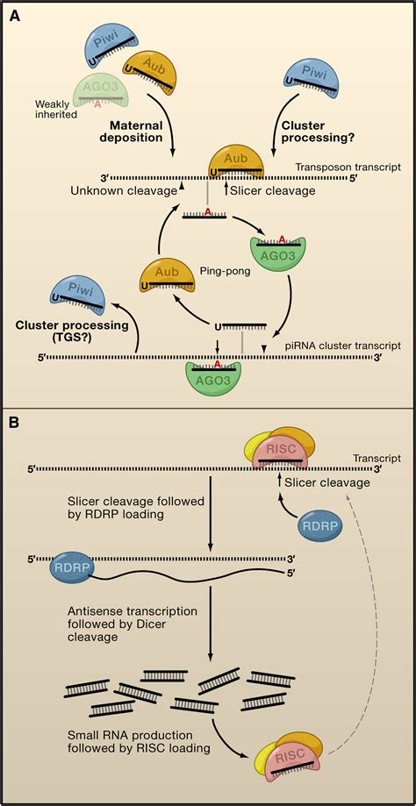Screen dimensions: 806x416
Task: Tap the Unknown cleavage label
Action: tap(116, 190)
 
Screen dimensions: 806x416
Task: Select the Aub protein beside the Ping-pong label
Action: tap(167, 280)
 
